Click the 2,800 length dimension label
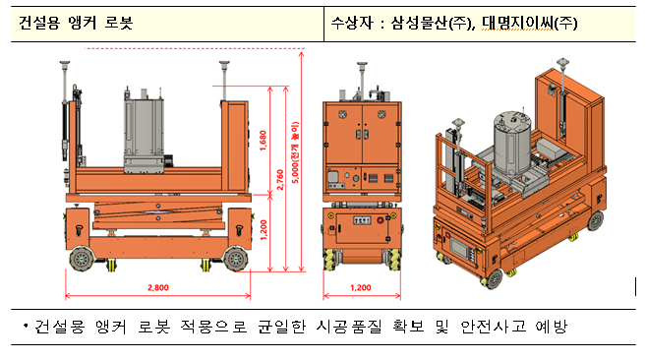pos(158,287)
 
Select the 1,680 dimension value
pos(264,141)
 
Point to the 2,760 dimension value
pos(280,180)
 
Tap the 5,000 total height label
pos(295,152)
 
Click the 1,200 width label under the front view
pos(361,287)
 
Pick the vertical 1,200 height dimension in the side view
pos(264,230)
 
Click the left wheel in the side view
pos(82,259)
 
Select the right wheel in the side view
pos(236,259)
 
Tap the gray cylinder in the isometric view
pos(512,143)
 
